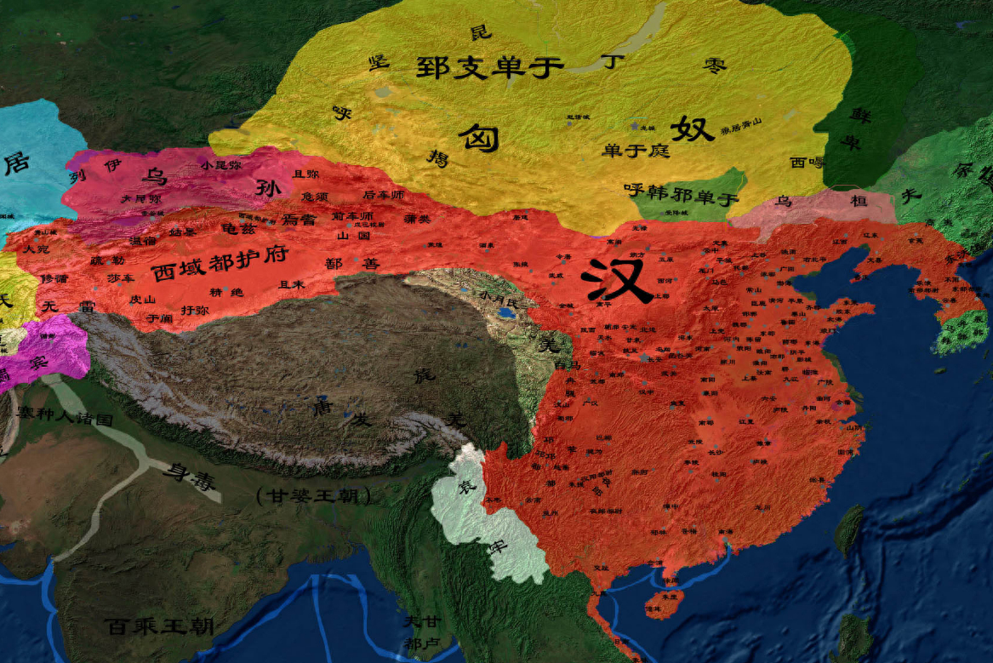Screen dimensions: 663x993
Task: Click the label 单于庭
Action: (636, 151)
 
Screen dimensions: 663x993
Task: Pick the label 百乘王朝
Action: (160, 627)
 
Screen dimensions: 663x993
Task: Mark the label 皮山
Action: (142, 299)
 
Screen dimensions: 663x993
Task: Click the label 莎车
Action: (119, 277)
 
